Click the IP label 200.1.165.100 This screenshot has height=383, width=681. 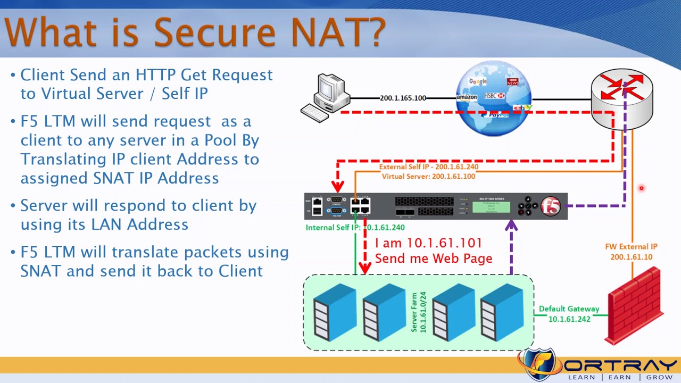click(403, 98)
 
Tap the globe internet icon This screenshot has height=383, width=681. click(494, 99)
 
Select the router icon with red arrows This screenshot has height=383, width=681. click(622, 98)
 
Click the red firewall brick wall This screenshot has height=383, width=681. click(635, 307)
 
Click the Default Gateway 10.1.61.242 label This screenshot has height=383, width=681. click(569, 314)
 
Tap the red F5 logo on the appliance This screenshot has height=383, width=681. click(551, 206)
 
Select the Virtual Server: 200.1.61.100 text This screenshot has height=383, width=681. click(428, 176)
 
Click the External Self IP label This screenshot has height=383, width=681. click(428, 166)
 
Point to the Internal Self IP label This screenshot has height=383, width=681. click(355, 227)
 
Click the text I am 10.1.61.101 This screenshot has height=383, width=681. click(428, 243)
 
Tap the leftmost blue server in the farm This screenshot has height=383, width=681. click(334, 313)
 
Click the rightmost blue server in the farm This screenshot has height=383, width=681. click(502, 313)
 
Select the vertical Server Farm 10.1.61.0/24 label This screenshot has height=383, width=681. click(419, 312)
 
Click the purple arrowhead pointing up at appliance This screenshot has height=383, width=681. click(511, 226)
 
